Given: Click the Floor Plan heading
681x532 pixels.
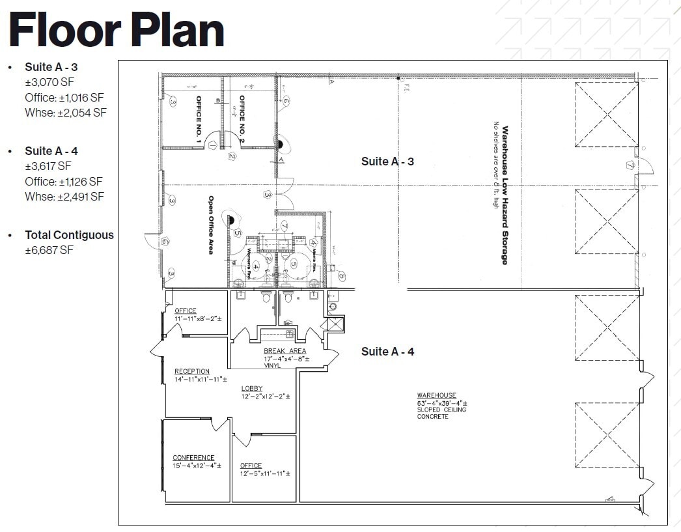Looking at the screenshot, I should (117, 30).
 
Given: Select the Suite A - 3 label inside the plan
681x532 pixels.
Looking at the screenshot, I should (387, 161).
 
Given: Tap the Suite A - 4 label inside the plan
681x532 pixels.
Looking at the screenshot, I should (387, 352).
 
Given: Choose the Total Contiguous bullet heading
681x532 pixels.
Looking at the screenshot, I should (69, 235).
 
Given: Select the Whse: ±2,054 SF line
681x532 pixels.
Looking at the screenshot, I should (65, 113).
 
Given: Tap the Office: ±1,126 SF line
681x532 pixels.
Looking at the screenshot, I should (64, 182).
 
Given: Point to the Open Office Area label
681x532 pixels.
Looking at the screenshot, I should (211, 225).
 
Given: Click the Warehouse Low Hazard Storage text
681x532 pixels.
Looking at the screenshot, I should (504, 195).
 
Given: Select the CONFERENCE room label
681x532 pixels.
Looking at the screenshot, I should (193, 458).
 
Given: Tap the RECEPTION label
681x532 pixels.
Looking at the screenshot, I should (192, 371).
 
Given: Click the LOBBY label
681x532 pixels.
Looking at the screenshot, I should (252, 389).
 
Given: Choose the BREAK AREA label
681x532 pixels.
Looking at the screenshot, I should (285, 351).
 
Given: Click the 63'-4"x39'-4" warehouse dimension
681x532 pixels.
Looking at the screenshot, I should (441, 403).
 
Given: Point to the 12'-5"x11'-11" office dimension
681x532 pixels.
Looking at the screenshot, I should (264, 473).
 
